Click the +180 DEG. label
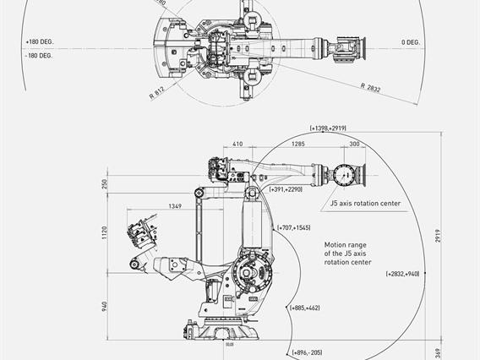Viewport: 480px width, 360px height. [39, 41]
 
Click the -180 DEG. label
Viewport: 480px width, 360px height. [39, 55]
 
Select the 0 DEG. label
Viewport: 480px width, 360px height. [413, 41]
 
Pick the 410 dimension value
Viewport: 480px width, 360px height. [237, 144]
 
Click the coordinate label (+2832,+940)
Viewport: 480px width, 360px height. [402, 274]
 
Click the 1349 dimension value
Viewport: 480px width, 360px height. [175, 206]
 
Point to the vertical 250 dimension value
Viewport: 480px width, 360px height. [106, 184]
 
